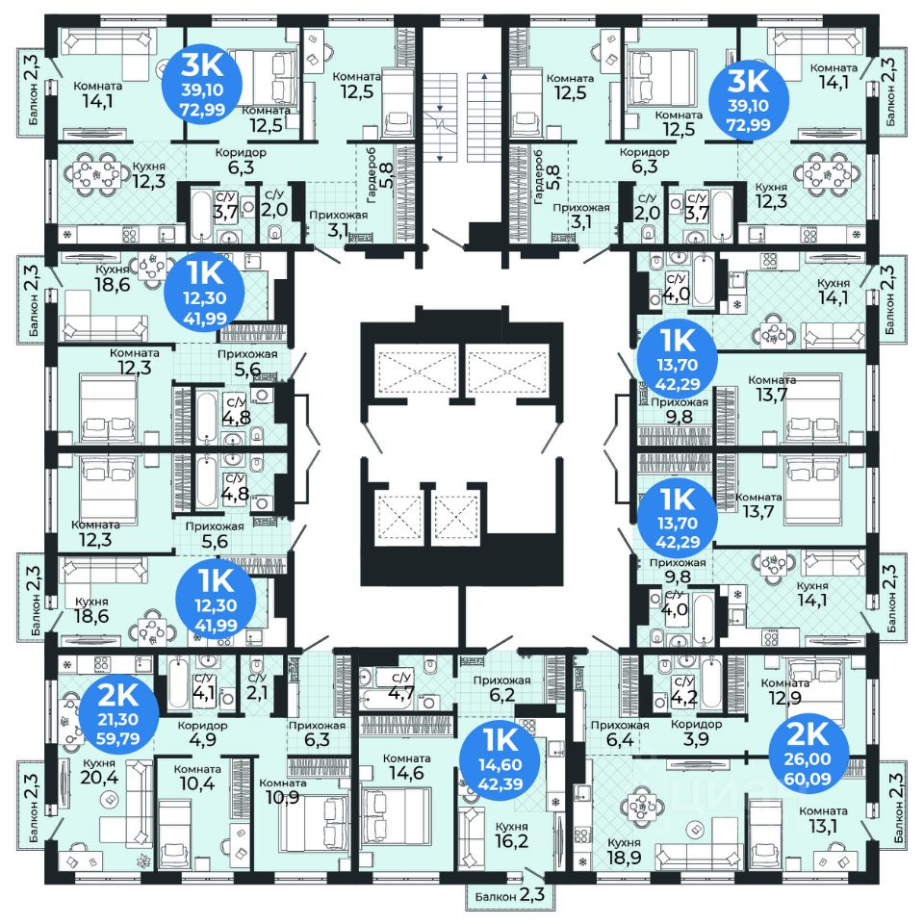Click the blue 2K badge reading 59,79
(118, 715)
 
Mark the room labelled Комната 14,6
(406, 765)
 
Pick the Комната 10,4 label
(197, 777)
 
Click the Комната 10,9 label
(282, 791)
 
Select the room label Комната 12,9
(785, 691)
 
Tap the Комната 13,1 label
(823, 819)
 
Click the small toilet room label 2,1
(257, 686)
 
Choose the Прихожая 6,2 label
(502, 688)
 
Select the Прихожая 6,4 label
(620, 732)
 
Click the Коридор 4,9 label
(203, 732)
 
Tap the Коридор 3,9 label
(696, 731)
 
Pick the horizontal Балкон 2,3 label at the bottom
(510, 896)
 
